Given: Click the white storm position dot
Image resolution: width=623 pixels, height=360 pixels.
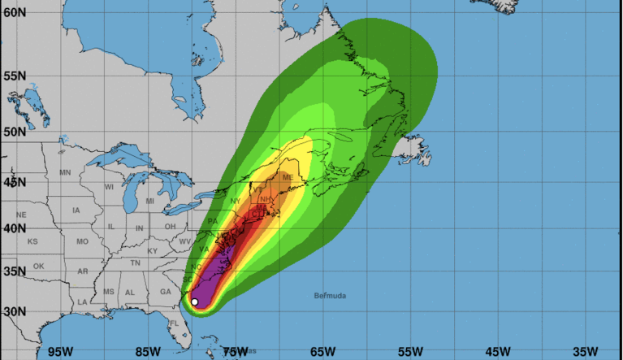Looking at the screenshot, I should pyautogui.click(x=194, y=302).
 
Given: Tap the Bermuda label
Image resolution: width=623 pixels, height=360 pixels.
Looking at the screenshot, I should pyautogui.click(x=330, y=296).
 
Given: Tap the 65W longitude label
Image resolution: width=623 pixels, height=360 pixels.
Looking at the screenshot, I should pyautogui.click(x=322, y=351).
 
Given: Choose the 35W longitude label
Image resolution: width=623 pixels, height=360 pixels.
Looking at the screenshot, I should pyautogui.click(x=585, y=351).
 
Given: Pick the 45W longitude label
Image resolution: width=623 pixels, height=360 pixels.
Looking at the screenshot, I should pyautogui.click(x=497, y=351).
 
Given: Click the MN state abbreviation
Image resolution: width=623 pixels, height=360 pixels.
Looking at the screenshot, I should pyautogui.click(x=66, y=172).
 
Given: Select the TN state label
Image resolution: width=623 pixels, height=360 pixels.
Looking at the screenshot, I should pyautogui.click(x=136, y=262).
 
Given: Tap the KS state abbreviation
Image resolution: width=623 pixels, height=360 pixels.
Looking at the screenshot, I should pyautogui.click(x=32, y=242).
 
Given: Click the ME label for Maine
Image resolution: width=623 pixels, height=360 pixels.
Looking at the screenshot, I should pyautogui.click(x=288, y=177).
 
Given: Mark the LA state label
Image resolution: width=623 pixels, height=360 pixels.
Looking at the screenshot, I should pyautogui.click(x=82, y=302).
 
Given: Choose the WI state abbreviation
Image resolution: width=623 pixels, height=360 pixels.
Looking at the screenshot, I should pyautogui.click(x=109, y=187).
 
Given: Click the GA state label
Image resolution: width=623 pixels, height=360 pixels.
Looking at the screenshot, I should pyautogui.click(x=166, y=291).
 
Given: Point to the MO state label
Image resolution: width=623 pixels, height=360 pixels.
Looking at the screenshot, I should pyautogui.click(x=82, y=242).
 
